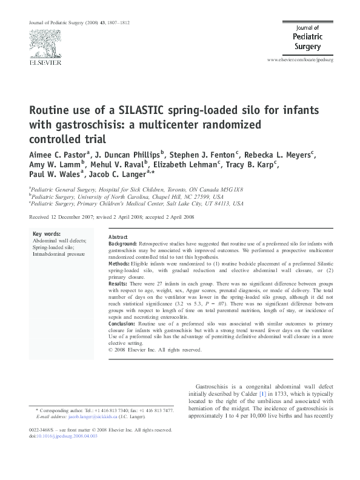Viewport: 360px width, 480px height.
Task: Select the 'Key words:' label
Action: coord(46,233)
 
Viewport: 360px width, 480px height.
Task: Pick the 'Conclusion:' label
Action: coord(123,324)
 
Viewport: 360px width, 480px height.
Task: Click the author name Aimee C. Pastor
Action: coord(58,154)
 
